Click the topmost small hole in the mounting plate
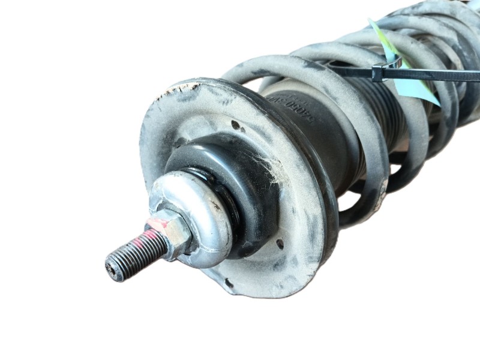pos(235,125)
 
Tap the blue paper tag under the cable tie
pos(420,90)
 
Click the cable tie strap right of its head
pos(432,75)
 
